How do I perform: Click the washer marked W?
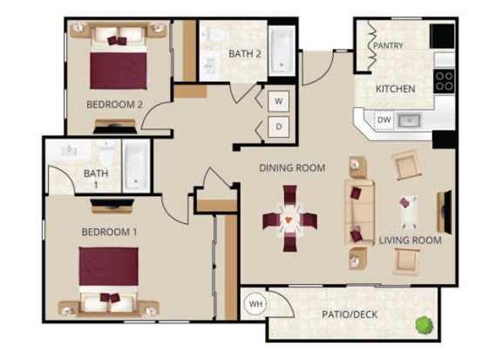pyautogui.click(x=279, y=101)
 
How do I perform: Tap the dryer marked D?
pyautogui.click(x=279, y=127)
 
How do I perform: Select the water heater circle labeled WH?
pyautogui.click(x=255, y=303)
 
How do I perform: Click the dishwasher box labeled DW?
pyautogui.click(x=383, y=119)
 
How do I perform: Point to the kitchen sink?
pyautogui.click(x=409, y=120)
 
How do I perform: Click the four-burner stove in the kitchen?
pyautogui.click(x=444, y=81)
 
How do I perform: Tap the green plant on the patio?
pyautogui.click(x=424, y=325)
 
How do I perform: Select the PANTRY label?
pyautogui.click(x=388, y=45)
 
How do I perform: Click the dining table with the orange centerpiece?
pyautogui.click(x=289, y=219)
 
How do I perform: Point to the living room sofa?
pyautogui.click(x=359, y=213)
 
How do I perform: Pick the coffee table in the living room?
pyautogui.click(x=408, y=212)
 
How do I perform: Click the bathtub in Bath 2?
pyautogui.click(x=282, y=51)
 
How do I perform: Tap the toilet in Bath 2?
pyautogui.click(x=214, y=34)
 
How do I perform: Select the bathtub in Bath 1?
pyautogui.click(x=136, y=166)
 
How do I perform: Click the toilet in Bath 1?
pyautogui.click(x=106, y=153)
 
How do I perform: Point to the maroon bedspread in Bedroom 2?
pyautogui.click(x=119, y=71)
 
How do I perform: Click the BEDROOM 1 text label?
pyautogui.click(x=110, y=232)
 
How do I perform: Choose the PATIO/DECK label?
pyautogui.click(x=349, y=315)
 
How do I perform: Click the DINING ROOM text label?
pyautogui.click(x=292, y=168)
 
